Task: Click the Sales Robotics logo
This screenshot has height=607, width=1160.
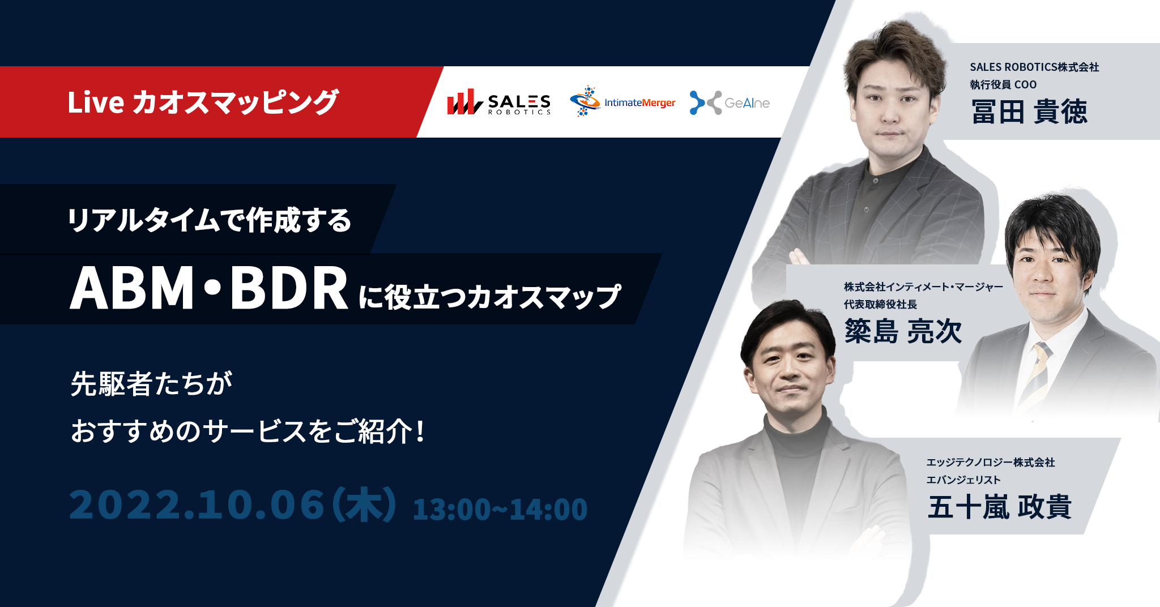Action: click(x=498, y=102)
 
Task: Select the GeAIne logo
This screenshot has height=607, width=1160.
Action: click(x=730, y=102)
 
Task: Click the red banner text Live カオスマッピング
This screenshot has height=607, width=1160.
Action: click(x=203, y=102)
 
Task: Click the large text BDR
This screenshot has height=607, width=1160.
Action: click(x=289, y=289)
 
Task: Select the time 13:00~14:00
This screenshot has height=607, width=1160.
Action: click(x=500, y=509)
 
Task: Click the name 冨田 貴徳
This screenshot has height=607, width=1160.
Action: click(x=1029, y=112)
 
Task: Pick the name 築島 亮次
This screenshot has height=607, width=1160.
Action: click(x=903, y=331)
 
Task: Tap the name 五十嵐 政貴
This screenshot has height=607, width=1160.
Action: click(x=999, y=507)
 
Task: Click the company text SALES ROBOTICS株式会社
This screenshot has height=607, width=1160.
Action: click(x=1034, y=67)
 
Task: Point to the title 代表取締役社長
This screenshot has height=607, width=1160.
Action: click(x=880, y=305)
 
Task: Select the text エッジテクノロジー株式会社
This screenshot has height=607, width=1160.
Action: click(x=990, y=463)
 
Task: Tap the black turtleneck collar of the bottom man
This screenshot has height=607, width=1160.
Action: click(x=793, y=439)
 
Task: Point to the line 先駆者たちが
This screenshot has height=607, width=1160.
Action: click(x=152, y=384)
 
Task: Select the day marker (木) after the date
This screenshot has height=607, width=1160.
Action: click(x=364, y=505)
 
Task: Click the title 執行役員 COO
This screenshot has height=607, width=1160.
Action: click(x=1003, y=85)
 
